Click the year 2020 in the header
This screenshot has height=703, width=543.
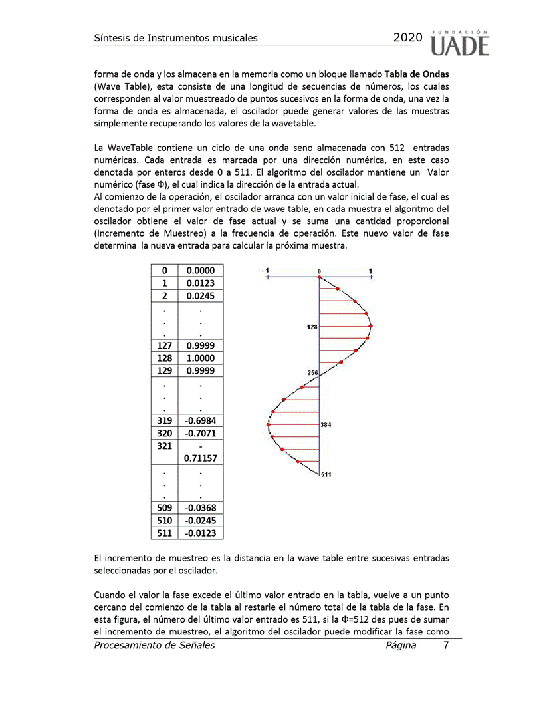coord(407,38)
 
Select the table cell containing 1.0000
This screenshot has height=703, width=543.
coord(200,358)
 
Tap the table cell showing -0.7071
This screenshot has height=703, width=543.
coord(200,433)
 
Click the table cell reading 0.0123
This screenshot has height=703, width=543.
coord(200,283)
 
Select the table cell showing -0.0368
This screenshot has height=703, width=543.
coord(200,509)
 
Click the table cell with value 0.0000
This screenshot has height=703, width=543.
coord(200,271)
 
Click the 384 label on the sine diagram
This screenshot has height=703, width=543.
coord(326,424)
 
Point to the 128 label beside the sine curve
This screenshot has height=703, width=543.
coord(312,327)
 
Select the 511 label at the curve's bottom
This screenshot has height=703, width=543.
coord(326,474)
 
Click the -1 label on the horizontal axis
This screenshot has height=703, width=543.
coord(265,271)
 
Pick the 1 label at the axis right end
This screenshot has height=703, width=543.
coord(370,271)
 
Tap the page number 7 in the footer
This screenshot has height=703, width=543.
coord(446,645)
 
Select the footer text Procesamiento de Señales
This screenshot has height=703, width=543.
coord(154,645)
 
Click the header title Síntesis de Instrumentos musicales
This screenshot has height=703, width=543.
coord(175,38)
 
